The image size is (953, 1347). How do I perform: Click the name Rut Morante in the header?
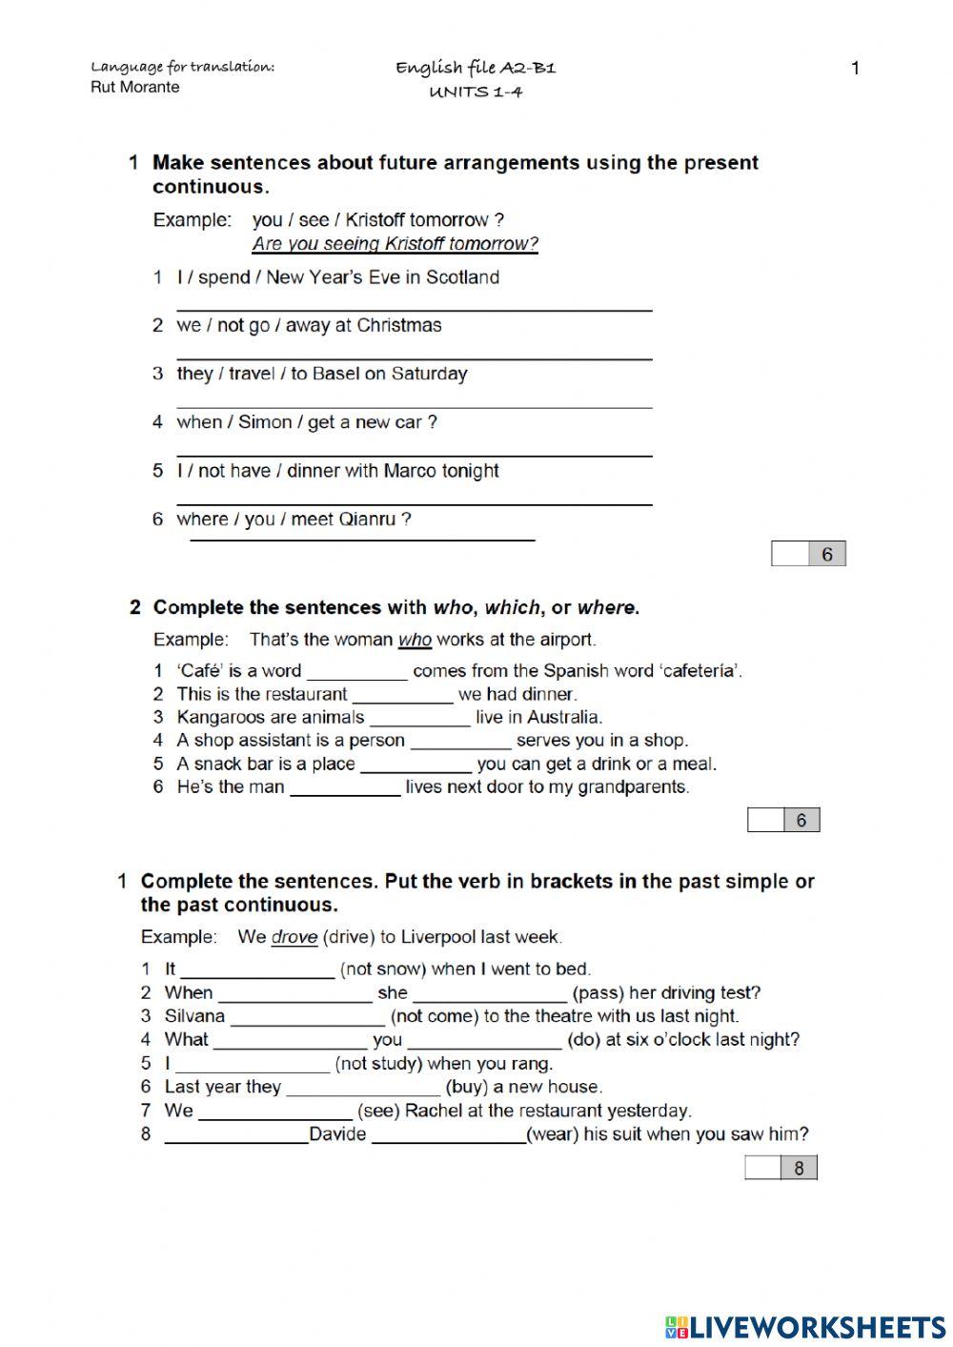click(x=134, y=88)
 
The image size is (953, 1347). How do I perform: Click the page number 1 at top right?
click(x=855, y=68)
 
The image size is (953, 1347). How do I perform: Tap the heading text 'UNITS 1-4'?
click(x=476, y=92)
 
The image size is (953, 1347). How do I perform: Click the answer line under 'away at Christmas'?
click(x=414, y=357)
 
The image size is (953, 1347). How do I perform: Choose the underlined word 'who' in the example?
click(x=415, y=640)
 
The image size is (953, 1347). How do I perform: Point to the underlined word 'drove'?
click(x=294, y=937)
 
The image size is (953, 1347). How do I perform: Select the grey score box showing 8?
click(x=799, y=1168)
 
